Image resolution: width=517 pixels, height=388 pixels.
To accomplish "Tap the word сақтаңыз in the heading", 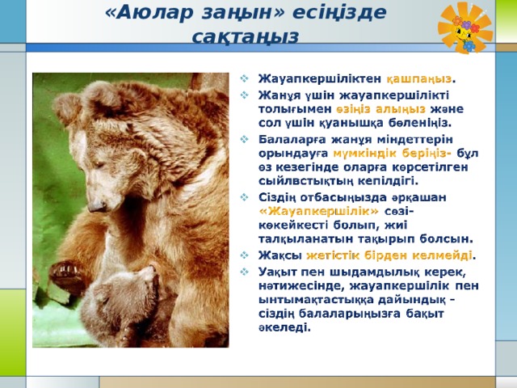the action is [x=246, y=36].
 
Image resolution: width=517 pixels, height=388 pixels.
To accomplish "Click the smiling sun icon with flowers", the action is [x=465, y=27].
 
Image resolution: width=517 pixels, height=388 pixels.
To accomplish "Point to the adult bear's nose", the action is [x=97, y=206].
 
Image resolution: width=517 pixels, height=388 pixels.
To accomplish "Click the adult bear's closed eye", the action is [x=99, y=164].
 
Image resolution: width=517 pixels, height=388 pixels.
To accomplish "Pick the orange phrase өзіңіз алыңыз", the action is [x=380, y=109].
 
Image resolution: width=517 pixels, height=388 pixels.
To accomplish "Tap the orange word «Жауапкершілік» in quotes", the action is [x=319, y=211].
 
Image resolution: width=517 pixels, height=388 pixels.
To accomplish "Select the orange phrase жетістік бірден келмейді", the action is [x=389, y=255].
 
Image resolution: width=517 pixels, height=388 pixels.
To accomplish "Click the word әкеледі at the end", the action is [x=284, y=328].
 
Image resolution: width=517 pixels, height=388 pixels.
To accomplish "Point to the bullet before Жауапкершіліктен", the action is [x=244, y=78].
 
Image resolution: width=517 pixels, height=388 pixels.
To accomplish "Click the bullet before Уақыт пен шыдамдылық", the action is [x=244, y=272].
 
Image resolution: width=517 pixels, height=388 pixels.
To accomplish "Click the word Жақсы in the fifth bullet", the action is [x=280, y=255].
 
